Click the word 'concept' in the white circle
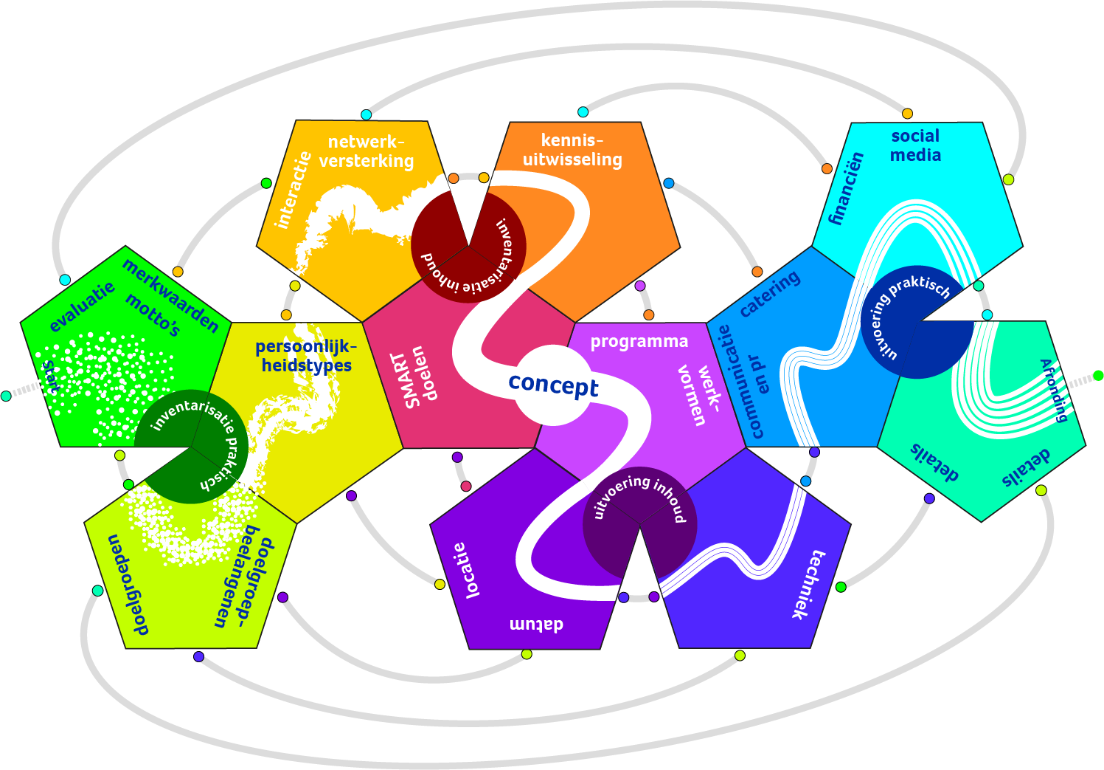pyautogui.click(x=553, y=385)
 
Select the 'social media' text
pyautogui.click(x=915, y=145)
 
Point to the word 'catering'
pyautogui.click(x=769, y=293)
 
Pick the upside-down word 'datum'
pyautogui.click(x=536, y=625)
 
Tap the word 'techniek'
pyautogui.click(x=808, y=584)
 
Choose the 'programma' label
pyautogui.click(x=639, y=342)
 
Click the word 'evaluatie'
pyautogui.click(x=82, y=306)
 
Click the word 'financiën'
pyautogui.click(x=845, y=188)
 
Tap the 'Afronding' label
pyautogui.click(x=1054, y=390)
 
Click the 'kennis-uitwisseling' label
pyautogui.click(x=572, y=150)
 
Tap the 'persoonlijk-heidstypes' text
pyautogui.click(x=306, y=356)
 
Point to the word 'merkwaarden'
pyautogui.click(x=170, y=296)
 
